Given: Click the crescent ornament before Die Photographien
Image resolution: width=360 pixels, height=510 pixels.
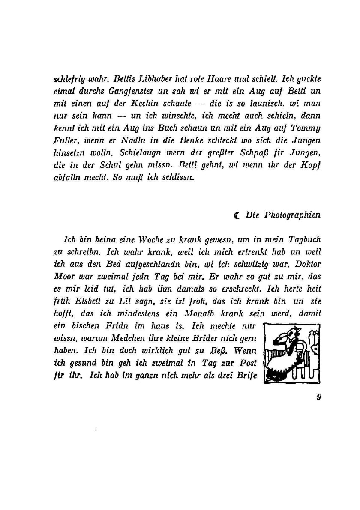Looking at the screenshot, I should coord(237,215).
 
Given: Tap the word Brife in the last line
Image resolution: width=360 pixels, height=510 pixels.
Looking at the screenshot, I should coord(246,375).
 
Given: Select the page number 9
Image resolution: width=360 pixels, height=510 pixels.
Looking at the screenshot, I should coord(318,397).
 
